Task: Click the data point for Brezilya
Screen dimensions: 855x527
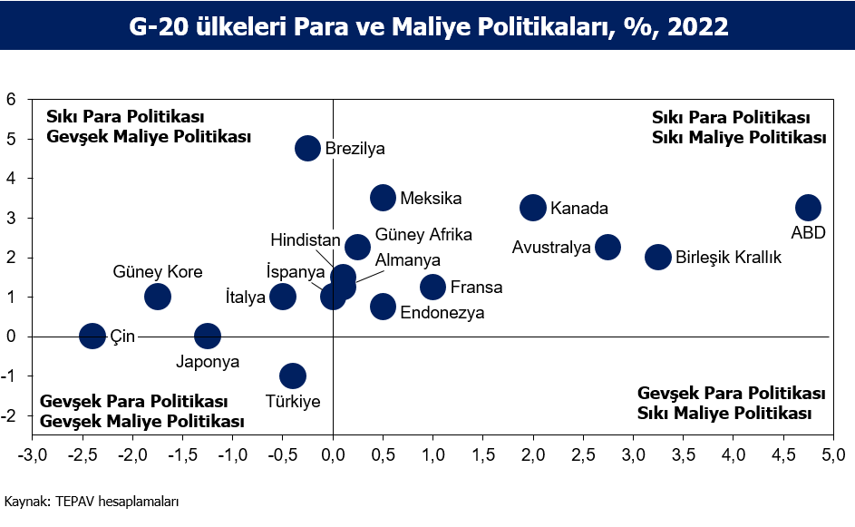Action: point(307,149)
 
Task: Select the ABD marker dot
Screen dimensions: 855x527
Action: point(808,208)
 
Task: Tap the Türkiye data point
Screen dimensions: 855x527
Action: point(293,376)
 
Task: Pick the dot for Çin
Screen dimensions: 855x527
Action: point(92,336)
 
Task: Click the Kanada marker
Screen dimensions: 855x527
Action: point(533,208)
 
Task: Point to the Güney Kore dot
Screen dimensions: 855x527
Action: point(158,297)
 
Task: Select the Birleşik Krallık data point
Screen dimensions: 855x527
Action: point(658,257)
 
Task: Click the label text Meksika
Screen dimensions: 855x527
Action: point(431,198)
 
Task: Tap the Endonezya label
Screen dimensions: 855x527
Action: point(442,313)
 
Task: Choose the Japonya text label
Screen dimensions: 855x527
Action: point(208,362)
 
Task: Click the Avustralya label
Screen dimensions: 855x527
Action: point(551,248)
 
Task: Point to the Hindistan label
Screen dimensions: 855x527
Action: point(306,240)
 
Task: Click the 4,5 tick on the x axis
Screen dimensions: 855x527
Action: point(783,455)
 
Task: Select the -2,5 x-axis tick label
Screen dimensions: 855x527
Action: point(83,455)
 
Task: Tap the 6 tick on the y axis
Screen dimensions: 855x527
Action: point(11,99)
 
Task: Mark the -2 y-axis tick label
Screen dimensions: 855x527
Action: point(9,415)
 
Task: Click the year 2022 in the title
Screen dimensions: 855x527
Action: point(698,26)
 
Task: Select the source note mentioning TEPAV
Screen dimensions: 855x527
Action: point(92,502)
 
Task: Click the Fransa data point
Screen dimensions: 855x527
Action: point(433,287)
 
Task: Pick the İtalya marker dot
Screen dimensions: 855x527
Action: point(283,297)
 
